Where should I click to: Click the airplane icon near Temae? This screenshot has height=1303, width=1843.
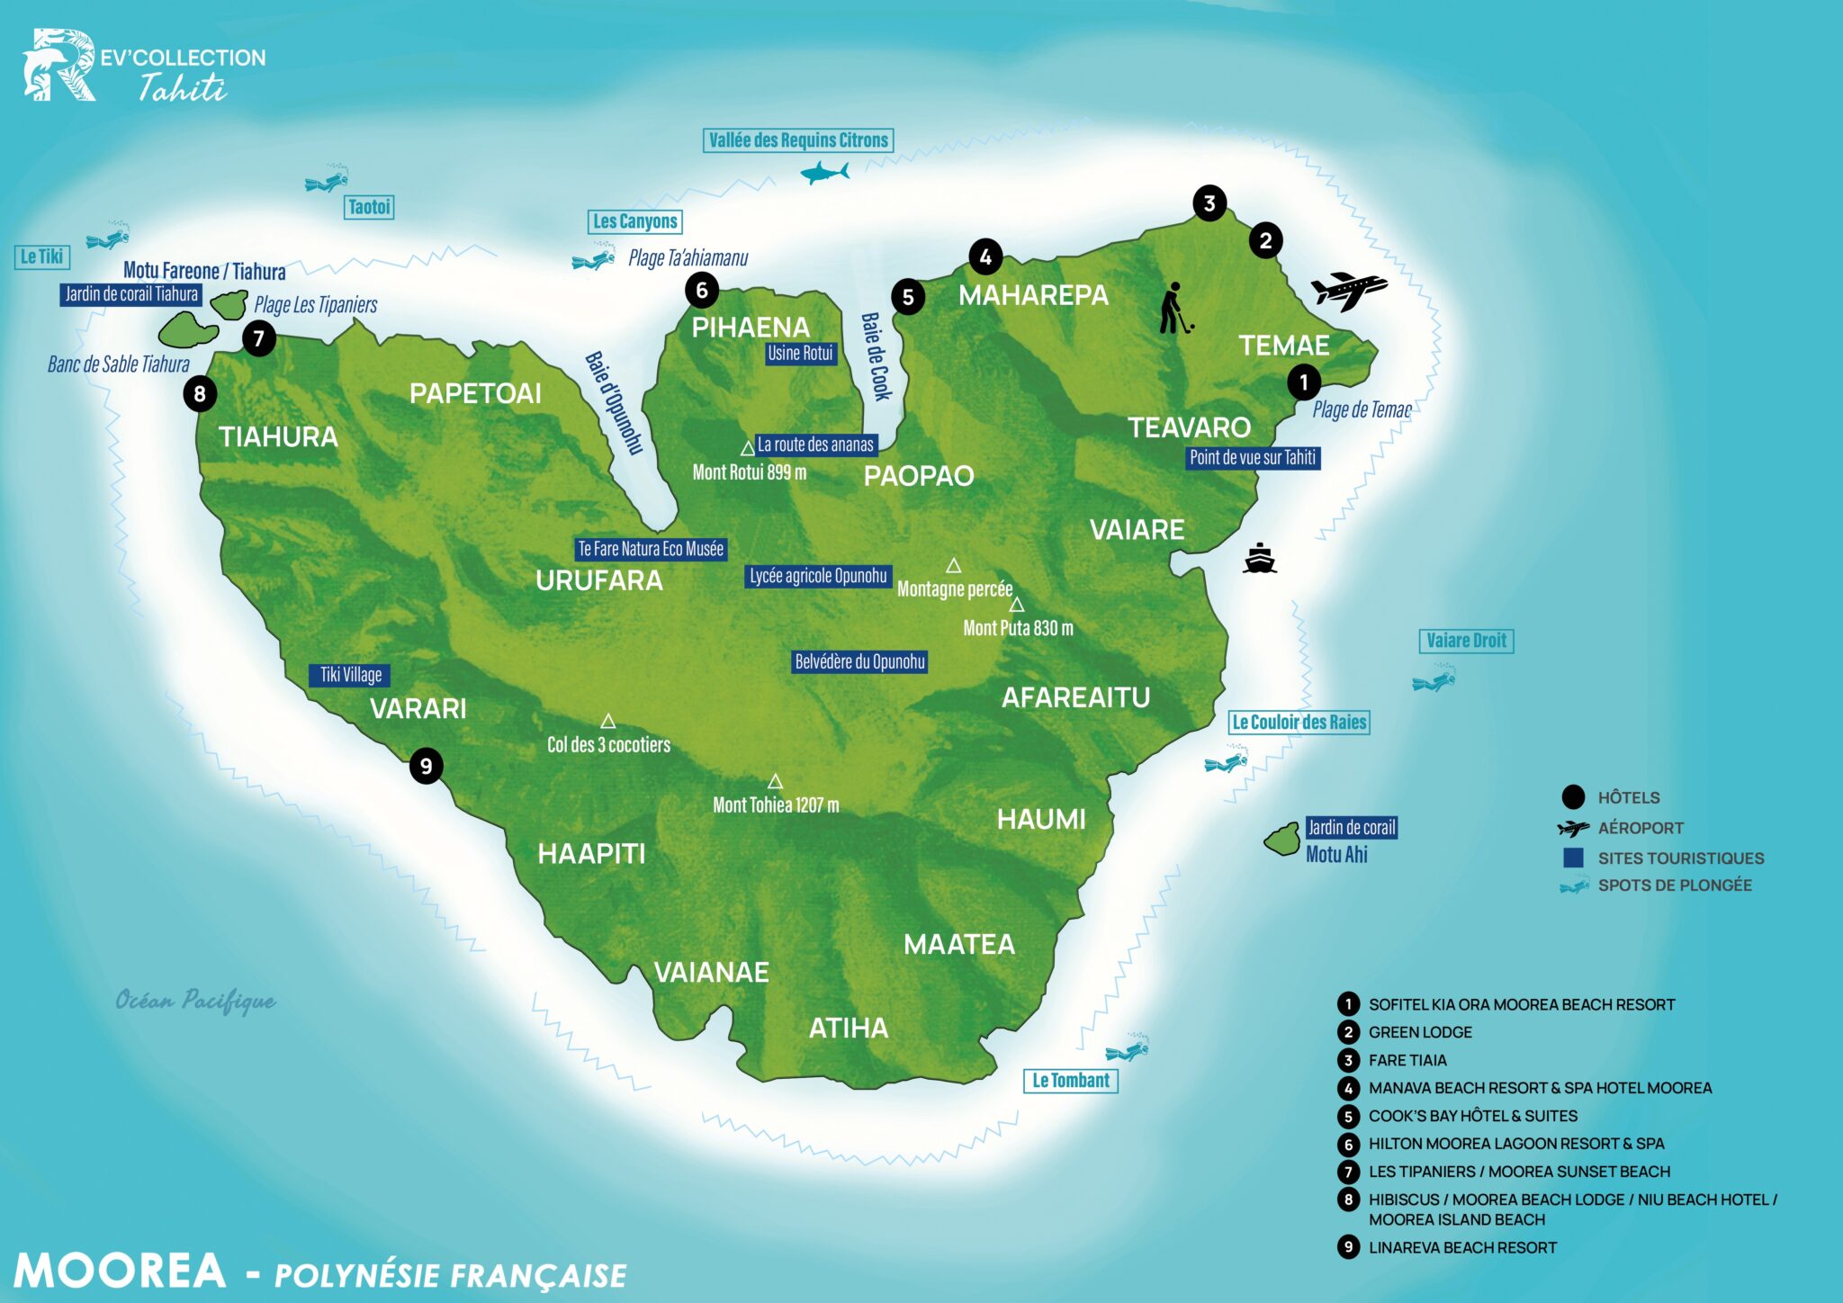click(1347, 290)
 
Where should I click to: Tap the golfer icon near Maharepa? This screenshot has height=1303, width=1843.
click(1173, 309)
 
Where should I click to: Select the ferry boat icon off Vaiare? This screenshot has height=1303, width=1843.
click(1259, 559)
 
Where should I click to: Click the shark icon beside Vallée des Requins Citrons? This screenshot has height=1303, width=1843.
click(823, 172)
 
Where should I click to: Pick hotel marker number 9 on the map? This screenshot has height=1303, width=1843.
click(426, 766)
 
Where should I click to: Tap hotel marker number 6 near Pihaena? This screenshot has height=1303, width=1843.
click(701, 290)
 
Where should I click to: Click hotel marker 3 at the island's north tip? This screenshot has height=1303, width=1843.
click(1209, 203)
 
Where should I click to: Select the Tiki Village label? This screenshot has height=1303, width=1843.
click(350, 675)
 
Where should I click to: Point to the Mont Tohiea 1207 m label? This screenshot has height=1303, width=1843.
click(776, 805)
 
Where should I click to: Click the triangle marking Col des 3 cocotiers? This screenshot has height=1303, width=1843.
click(608, 722)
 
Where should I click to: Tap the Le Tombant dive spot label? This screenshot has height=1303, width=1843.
click(1070, 1081)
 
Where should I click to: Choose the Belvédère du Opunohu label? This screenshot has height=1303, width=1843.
click(859, 662)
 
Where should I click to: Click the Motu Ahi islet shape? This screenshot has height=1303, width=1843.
click(1281, 840)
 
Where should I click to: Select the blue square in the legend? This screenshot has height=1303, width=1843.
click(1573, 858)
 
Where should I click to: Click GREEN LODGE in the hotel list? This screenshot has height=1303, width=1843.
click(1419, 1032)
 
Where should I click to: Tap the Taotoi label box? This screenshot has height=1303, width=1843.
click(369, 207)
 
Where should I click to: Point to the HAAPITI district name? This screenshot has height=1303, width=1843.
click(591, 853)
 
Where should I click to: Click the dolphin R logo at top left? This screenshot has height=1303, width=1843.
click(58, 65)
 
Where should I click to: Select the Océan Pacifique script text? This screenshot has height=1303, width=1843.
click(195, 1001)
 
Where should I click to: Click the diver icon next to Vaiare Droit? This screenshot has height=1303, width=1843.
click(1434, 679)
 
